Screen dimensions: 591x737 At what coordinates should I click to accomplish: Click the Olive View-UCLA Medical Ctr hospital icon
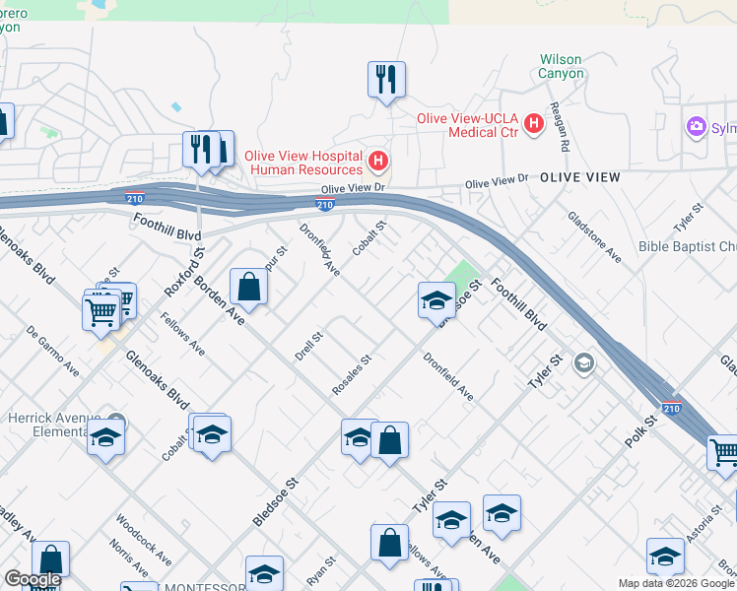click(x=534, y=123)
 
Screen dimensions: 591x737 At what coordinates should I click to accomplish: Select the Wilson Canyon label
click(x=561, y=66)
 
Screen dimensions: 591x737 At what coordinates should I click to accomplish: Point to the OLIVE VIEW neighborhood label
click(x=579, y=177)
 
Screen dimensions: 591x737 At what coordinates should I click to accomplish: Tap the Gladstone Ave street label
click(x=593, y=237)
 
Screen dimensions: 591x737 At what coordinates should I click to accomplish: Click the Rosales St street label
click(x=351, y=375)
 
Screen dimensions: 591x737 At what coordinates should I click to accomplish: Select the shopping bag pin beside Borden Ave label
click(x=249, y=288)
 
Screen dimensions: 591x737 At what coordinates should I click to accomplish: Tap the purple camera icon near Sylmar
click(x=698, y=126)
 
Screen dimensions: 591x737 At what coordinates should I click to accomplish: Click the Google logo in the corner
click(x=33, y=579)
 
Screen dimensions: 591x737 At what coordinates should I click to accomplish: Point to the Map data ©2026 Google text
click(x=675, y=583)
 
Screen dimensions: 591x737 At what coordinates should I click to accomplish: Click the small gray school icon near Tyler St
click(x=584, y=364)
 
